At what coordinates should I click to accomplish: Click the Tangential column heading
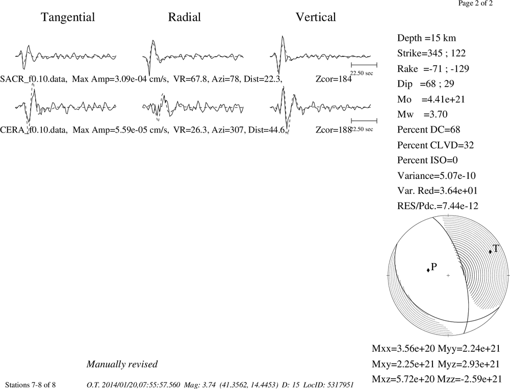coord(68,17)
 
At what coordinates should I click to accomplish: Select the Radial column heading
coord(185,17)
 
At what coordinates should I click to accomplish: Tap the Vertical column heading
coord(316,17)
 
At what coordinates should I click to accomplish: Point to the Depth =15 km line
coord(426,38)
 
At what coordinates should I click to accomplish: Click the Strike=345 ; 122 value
coord(431,53)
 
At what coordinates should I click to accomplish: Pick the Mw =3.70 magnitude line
coord(422,114)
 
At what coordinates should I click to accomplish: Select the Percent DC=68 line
coord(429,129)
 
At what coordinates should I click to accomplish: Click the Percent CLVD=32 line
coord(436,145)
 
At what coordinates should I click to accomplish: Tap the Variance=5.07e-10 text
coord(437,175)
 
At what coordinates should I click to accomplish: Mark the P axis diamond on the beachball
coord(428,270)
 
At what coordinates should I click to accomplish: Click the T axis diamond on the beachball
coord(490,251)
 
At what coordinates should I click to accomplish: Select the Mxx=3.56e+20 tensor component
coord(403,348)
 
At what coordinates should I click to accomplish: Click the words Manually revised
coord(122,364)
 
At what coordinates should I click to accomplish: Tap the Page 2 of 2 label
coord(475,3)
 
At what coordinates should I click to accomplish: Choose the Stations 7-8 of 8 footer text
coord(31,385)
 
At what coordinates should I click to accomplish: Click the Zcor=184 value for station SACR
coord(334,79)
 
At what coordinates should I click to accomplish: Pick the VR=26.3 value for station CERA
coord(190,130)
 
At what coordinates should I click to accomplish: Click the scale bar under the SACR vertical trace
coord(364,65)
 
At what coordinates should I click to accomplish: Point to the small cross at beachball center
coord(448,275)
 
